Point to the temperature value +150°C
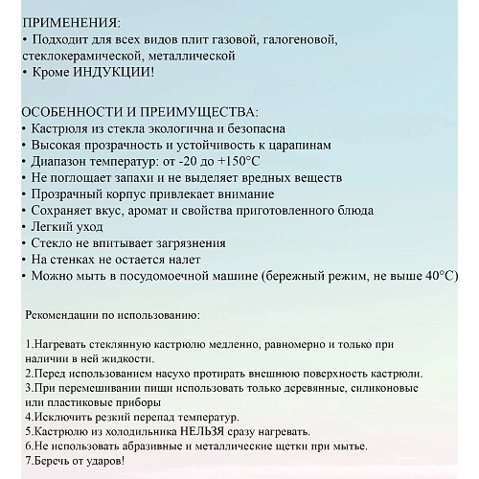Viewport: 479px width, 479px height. [x=236, y=161]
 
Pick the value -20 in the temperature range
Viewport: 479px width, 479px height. [x=186, y=161]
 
